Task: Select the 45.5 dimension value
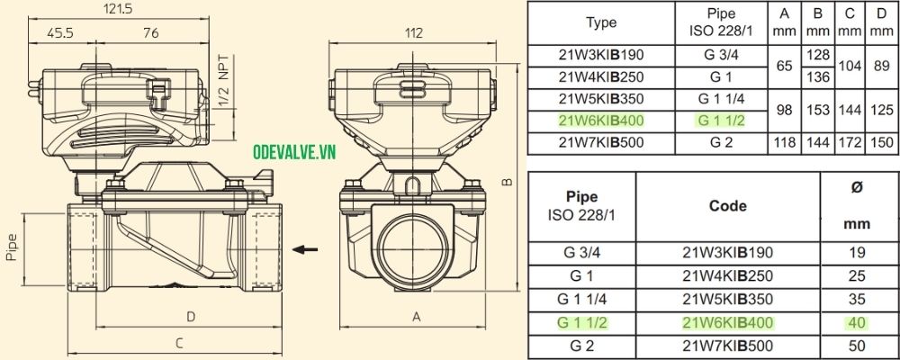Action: point(61,32)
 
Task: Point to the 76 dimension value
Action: point(150,32)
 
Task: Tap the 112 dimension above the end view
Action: point(413,33)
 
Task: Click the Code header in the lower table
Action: point(728,205)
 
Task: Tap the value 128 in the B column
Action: point(818,54)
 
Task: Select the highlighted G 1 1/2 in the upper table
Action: point(721,120)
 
